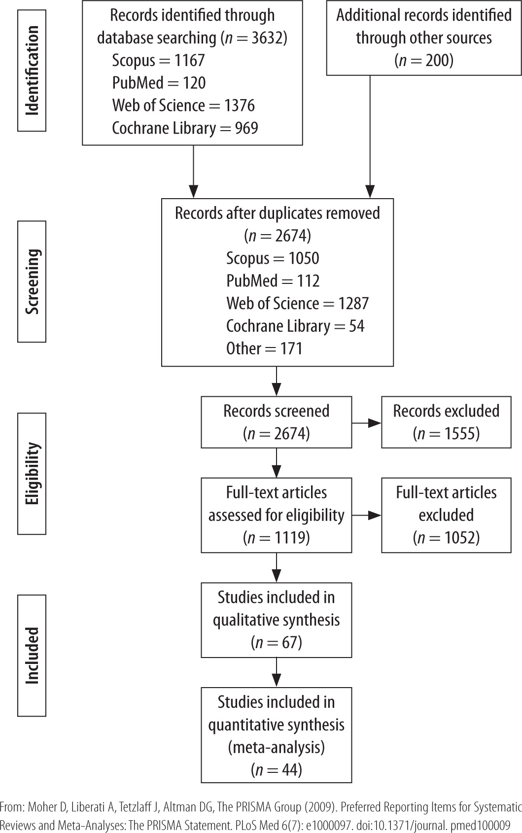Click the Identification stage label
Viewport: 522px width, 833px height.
[32, 71]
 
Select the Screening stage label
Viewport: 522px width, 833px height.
[32, 281]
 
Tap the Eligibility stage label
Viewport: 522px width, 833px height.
[32, 474]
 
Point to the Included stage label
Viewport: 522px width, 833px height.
[32, 655]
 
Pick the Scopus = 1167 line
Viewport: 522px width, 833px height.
[158, 61]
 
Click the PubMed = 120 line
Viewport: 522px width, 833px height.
[159, 83]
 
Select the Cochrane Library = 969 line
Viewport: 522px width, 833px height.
[185, 128]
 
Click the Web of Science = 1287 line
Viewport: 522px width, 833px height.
[297, 303]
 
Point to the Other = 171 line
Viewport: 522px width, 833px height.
[264, 348]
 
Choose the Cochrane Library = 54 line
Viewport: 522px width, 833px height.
[295, 326]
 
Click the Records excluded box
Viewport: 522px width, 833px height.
[446, 422]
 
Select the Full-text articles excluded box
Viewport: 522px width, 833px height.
[446, 515]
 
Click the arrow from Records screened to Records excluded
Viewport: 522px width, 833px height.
[367, 423]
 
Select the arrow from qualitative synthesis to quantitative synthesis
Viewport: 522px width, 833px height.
[277, 672]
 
